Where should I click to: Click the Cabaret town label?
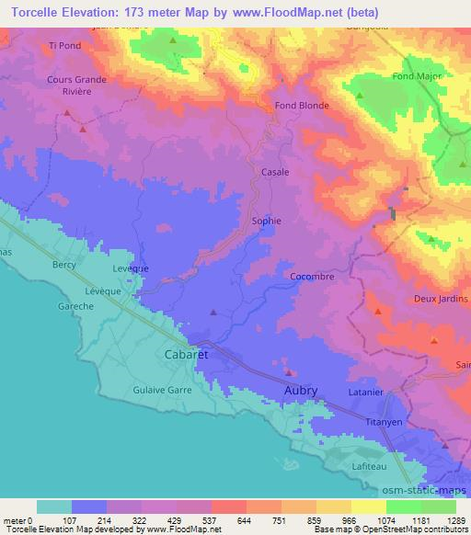tap(186, 354)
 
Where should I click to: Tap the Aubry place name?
tap(299, 391)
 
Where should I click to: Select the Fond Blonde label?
tap(302, 106)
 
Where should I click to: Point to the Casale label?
tap(275, 172)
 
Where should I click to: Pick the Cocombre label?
tap(311, 276)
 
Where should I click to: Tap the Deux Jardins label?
tap(442, 299)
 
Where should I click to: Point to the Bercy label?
tap(64, 265)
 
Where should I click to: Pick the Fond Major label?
tap(417, 76)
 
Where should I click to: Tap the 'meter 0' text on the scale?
tap(18, 519)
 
